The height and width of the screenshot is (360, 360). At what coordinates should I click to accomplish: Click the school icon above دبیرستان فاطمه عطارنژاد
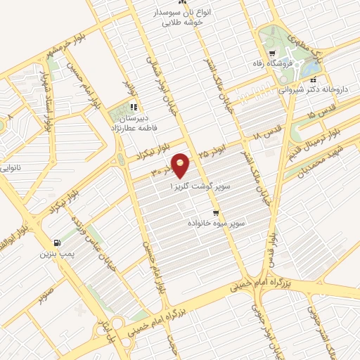coord(133,108)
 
